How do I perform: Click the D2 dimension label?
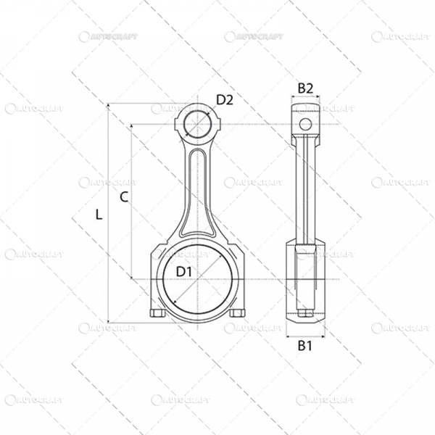(x=224, y=100)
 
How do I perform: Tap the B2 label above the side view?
(x=305, y=88)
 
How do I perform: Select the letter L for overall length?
(x=99, y=214)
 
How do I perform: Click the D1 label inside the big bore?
(x=183, y=271)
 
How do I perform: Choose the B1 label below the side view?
(x=305, y=347)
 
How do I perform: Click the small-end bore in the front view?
(x=197, y=124)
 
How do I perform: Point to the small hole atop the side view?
(x=305, y=123)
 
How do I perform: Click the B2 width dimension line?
(x=305, y=98)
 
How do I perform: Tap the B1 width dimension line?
(x=305, y=336)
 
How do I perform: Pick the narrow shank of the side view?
(x=305, y=188)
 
